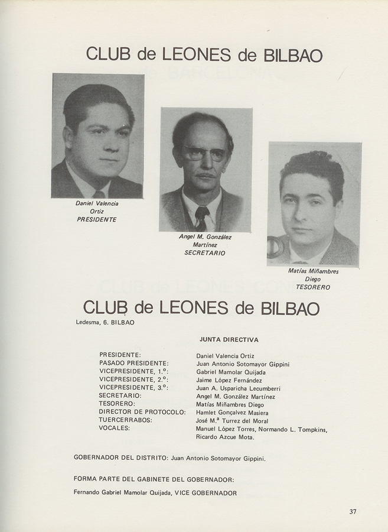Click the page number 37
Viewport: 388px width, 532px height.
pyautogui.click(x=353, y=512)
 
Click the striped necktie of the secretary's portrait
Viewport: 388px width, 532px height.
pyautogui.click(x=202, y=218)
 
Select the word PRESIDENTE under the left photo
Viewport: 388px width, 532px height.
pyautogui.click(x=97, y=219)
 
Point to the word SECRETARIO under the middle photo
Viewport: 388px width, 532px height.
pyautogui.click(x=205, y=252)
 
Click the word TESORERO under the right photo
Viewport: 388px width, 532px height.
pyautogui.click(x=313, y=287)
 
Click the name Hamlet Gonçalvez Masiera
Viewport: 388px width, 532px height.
pyautogui.click(x=232, y=412)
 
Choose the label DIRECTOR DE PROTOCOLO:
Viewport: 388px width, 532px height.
pyautogui.click(x=142, y=412)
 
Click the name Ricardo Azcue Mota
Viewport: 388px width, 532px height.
pyautogui.click(x=225, y=437)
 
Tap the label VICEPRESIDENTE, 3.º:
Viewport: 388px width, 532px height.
pyautogui.click(x=133, y=388)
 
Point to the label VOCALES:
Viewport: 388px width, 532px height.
pyautogui.click(x=115, y=427)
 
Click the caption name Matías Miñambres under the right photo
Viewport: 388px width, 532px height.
pyautogui.click(x=313, y=271)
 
